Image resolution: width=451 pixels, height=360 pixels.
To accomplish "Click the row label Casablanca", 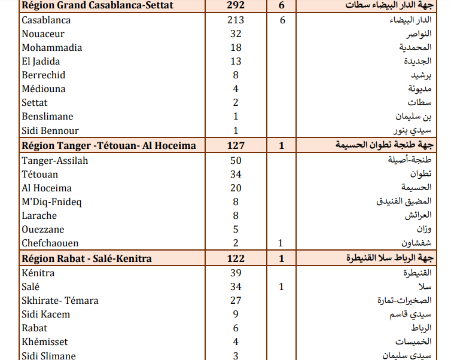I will click(46, 20).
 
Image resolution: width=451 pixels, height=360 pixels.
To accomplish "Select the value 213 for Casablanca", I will click(236, 20).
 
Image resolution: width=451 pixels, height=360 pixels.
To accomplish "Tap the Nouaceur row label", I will click(43, 34).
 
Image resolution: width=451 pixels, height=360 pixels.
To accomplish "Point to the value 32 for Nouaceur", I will click(236, 34).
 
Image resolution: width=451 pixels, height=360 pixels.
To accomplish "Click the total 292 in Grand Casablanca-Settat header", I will click(236, 6).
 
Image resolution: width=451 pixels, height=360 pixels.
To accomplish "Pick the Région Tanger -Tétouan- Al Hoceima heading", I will click(108, 145).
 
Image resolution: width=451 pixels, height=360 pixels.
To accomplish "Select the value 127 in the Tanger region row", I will click(236, 145).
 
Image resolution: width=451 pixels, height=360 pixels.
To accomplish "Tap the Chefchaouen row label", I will click(50, 243).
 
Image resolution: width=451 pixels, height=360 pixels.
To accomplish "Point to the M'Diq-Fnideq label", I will click(51, 202).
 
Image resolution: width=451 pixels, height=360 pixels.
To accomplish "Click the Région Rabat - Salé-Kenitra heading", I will click(86, 259).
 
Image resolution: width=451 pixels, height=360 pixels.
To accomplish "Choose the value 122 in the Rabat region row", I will click(236, 259).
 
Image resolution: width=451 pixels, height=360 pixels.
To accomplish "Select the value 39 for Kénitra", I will click(236, 273).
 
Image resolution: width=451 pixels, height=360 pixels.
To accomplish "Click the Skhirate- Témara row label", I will click(60, 300).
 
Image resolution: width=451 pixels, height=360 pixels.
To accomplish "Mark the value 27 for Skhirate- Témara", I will click(236, 300).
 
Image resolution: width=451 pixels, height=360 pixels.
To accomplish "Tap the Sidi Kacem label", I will click(45, 314).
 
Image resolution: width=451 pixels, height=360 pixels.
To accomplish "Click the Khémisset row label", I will click(45, 342).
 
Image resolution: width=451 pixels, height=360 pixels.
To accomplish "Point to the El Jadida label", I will click(41, 61).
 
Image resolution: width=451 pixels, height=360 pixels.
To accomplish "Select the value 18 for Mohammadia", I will click(236, 48).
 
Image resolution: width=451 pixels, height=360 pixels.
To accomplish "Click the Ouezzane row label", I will click(43, 229).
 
